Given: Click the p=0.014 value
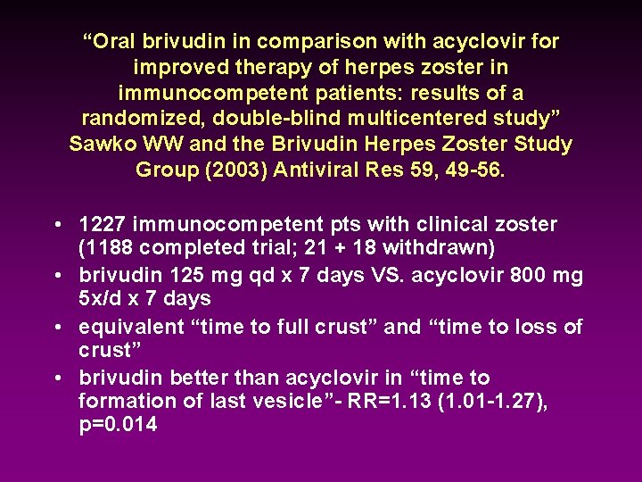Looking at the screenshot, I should [x=118, y=424].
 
